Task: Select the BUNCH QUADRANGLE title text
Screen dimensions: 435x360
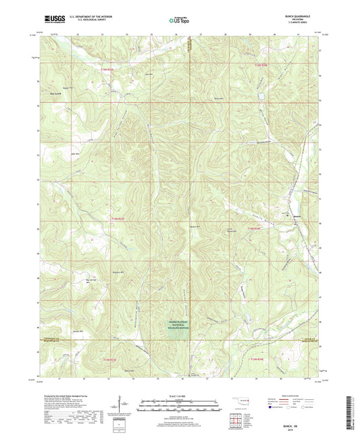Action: click(x=299, y=17)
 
